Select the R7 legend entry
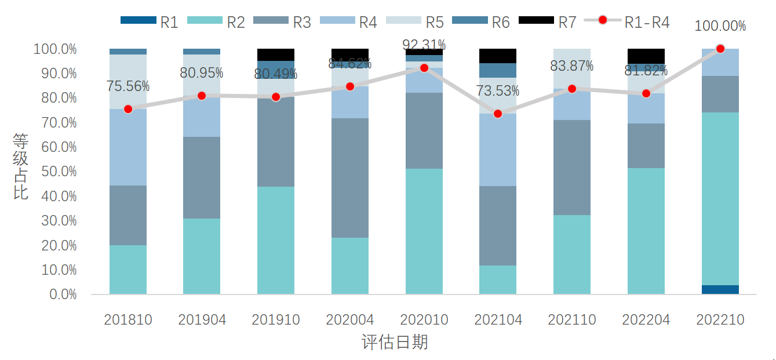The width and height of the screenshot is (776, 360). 547,22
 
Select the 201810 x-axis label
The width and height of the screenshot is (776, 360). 128,319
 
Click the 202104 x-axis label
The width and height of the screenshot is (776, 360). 498,319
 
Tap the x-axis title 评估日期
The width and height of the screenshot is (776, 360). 395,343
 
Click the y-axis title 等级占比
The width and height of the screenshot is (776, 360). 21,166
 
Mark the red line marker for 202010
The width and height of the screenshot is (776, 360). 424,68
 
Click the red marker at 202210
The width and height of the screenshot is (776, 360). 720,49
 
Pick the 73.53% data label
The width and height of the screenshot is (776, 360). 498,91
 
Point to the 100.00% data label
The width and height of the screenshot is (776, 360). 720,26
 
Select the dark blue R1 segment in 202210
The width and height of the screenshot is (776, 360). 720,289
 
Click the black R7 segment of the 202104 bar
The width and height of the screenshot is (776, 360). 498,56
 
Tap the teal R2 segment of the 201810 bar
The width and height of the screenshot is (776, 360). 128,270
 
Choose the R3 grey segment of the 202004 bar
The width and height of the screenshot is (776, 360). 350,178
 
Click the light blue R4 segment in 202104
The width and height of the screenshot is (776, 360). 498,150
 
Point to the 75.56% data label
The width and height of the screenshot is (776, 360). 128,86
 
